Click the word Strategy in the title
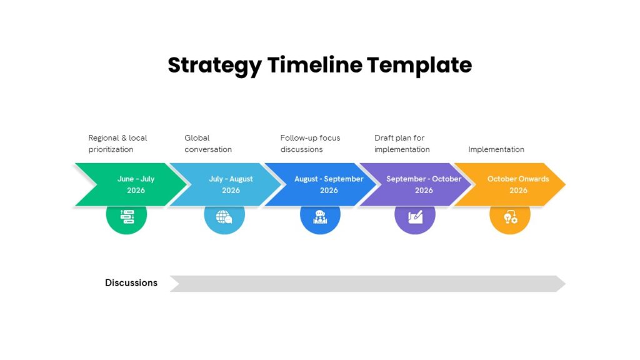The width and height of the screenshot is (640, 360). [215, 65]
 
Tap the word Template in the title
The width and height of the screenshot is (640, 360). [419, 65]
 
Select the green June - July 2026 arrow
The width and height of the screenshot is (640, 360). [131, 184]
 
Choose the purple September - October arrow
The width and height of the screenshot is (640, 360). [416, 184]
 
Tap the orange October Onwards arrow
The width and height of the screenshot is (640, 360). [510, 184]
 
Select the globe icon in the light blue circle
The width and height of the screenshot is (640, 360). [224, 217]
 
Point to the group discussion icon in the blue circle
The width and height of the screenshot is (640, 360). [320, 217]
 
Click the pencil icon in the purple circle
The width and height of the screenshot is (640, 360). [415, 217]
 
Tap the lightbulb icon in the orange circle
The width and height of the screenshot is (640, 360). [510, 217]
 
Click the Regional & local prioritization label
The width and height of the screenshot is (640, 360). [117, 144]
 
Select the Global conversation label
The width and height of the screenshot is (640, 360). [207, 144]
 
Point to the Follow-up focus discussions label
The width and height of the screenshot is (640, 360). [310, 144]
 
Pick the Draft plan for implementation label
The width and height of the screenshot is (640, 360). [402, 144]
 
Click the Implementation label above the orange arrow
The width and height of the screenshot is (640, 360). [496, 149]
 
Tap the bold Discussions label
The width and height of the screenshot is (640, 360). [131, 283]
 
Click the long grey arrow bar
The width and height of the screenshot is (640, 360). [367, 284]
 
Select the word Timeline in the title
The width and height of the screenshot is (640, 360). [315, 65]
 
